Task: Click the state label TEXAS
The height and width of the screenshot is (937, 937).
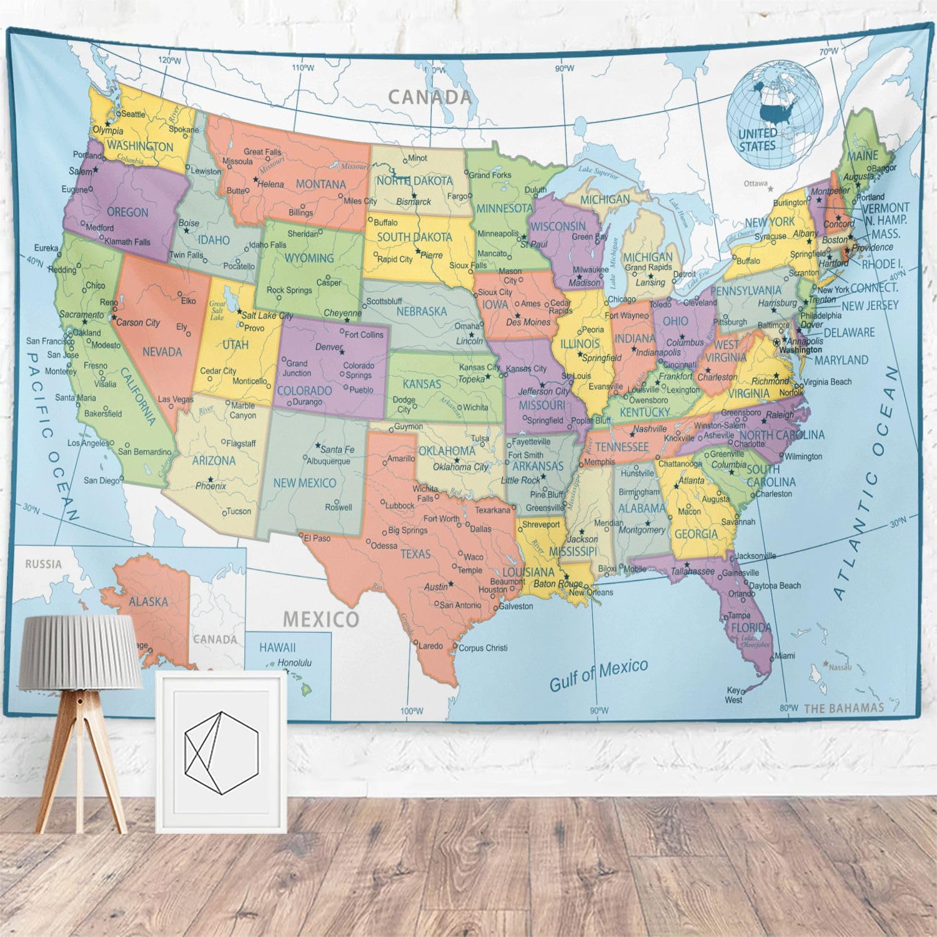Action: click(x=415, y=554)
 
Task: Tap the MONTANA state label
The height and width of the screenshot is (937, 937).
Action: click(x=320, y=184)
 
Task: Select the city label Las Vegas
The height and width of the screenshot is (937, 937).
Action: click(x=176, y=399)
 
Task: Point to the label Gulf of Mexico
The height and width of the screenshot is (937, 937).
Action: click(x=598, y=675)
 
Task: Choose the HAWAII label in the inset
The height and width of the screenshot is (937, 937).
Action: click(x=277, y=648)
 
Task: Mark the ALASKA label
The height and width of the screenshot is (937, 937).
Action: click(x=148, y=602)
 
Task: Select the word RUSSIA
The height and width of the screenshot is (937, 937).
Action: click(x=44, y=564)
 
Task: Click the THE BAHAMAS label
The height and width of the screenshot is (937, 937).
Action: click(x=844, y=708)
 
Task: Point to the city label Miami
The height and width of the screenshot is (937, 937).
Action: click(x=785, y=656)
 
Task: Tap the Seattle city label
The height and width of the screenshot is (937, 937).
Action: click(x=132, y=114)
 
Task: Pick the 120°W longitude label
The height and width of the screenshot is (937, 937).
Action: click(x=169, y=61)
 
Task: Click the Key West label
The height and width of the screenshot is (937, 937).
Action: click(x=733, y=695)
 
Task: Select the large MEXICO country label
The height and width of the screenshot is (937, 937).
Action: click(x=321, y=619)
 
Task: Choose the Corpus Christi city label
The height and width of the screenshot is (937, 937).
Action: click(x=483, y=648)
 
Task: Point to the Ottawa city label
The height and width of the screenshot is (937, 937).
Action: click(x=755, y=184)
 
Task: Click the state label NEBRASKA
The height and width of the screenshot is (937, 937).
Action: click(x=422, y=311)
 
